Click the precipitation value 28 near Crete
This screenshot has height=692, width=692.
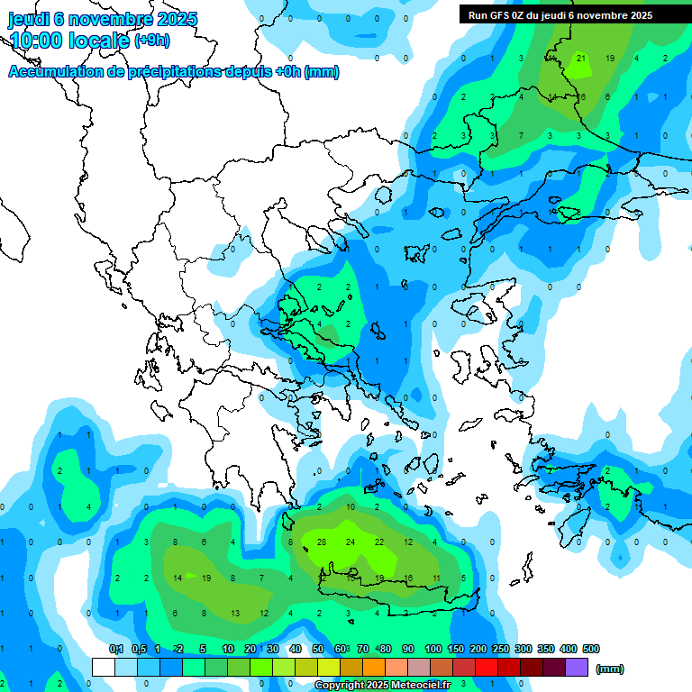tap(321, 542)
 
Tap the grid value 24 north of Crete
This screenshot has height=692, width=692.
tap(351, 542)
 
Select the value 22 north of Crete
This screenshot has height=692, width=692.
tap(379, 542)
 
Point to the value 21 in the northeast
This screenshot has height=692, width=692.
tap(581, 59)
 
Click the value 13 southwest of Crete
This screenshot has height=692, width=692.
tap(234, 613)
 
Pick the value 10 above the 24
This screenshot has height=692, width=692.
tap(351, 507)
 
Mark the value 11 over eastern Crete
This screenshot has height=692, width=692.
tap(436, 578)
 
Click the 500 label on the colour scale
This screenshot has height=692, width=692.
tap(591, 649)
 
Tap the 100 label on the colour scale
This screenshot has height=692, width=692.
tap(433, 649)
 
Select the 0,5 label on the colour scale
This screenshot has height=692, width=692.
tap(139, 649)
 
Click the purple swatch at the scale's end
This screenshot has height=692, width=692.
tap(578, 667)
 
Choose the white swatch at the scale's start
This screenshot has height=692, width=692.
tap(105, 667)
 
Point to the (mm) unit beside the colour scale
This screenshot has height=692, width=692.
tap(610, 669)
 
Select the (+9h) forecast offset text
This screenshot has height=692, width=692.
tap(151, 40)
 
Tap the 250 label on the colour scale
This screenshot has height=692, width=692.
tap(501, 649)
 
